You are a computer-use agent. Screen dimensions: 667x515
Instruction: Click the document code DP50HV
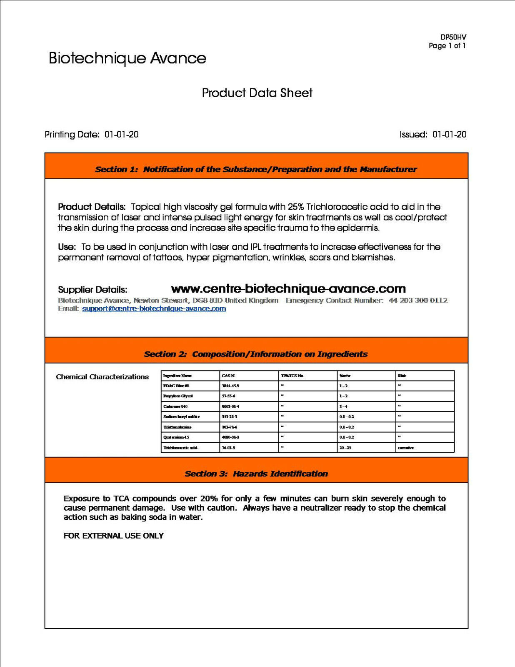[x=453, y=37]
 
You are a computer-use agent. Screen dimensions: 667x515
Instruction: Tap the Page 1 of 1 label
[x=447, y=45]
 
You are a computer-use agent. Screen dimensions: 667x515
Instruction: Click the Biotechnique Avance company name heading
[x=127, y=58]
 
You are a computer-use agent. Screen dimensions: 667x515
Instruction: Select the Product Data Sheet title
[x=257, y=93]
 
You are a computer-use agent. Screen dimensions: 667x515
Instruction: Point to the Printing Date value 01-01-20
[x=121, y=134]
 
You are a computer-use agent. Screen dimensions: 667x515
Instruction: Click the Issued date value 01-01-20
[x=449, y=134]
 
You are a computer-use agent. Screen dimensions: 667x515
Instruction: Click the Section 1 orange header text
[x=256, y=169]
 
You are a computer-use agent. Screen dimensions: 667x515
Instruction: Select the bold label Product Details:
[x=92, y=207]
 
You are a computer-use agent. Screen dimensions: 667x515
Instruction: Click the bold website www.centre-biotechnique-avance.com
[x=288, y=288]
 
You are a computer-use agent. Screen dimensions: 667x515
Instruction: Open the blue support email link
[x=154, y=308]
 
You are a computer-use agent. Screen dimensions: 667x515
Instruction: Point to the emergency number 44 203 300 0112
[x=418, y=300]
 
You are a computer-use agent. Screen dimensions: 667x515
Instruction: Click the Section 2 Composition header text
[x=256, y=354]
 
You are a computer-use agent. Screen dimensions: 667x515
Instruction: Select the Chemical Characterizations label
[x=102, y=377]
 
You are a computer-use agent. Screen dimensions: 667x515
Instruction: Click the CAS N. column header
[x=229, y=376]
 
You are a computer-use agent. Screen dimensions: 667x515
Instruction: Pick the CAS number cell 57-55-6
[x=228, y=396]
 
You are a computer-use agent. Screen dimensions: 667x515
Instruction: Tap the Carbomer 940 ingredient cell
[x=175, y=406]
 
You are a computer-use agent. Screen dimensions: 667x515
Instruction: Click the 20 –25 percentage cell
[x=345, y=448]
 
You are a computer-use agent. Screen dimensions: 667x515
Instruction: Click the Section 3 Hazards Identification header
[x=256, y=474]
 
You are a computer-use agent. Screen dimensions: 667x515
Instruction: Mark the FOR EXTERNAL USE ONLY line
[x=113, y=536]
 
